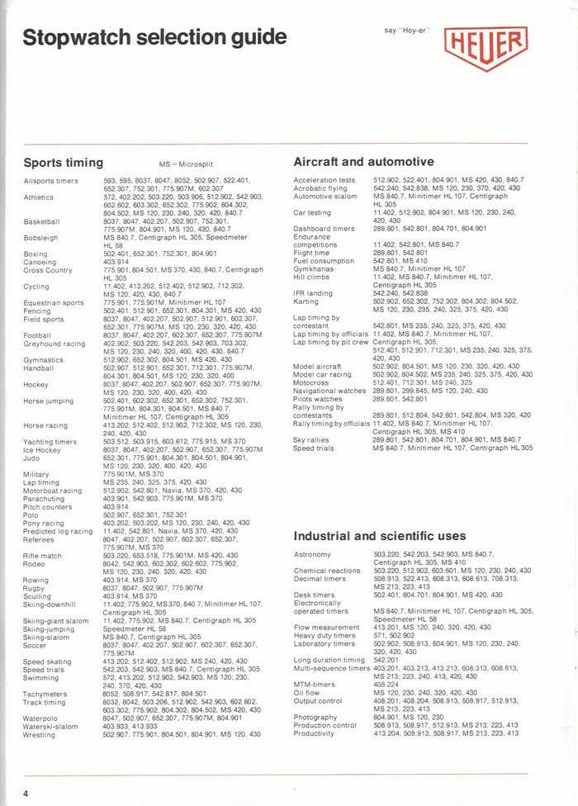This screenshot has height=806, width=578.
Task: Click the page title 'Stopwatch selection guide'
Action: tap(155, 38)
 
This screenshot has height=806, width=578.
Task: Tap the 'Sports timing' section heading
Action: tap(64, 163)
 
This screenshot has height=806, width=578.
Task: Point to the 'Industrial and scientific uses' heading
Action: tap(380, 536)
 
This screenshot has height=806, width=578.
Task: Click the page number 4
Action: tap(26, 793)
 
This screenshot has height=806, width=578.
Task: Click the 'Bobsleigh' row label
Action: tap(41, 237)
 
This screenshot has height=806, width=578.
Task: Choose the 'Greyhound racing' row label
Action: tap(53, 344)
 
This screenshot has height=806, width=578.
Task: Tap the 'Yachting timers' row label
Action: tap(50, 442)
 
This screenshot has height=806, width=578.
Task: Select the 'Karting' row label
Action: tap(306, 301)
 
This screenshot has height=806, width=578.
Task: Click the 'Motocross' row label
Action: tap(312, 382)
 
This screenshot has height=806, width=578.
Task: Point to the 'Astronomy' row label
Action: tap(312, 554)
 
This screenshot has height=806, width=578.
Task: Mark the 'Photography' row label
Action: tap(316, 718)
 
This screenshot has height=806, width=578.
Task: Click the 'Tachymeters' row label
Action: tap(46, 695)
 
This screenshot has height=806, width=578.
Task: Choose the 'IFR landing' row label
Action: tap(313, 293)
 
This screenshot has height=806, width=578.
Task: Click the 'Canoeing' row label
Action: tap(40, 262)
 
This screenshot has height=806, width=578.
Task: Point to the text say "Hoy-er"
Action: tap(403, 31)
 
